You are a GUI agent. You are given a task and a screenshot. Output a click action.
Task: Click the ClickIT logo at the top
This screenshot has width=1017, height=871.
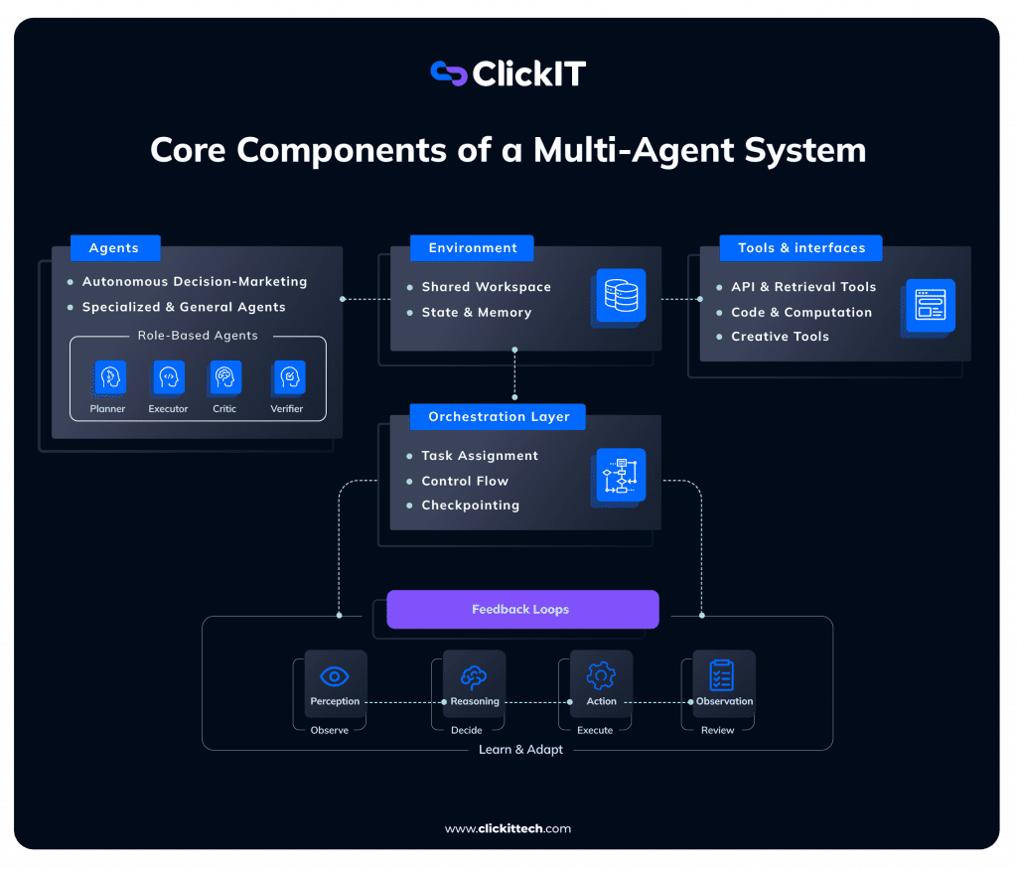click(508, 74)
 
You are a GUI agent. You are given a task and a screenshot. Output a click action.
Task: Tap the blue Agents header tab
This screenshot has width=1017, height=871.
click(114, 248)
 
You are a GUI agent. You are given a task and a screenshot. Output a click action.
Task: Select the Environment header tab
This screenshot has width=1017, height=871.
click(472, 248)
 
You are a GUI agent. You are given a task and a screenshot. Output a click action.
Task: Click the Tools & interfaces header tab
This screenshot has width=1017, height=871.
click(800, 248)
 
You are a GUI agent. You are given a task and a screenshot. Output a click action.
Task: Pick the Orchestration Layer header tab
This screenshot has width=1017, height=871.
click(499, 417)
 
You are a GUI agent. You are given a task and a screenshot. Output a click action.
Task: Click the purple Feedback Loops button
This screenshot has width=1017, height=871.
click(521, 610)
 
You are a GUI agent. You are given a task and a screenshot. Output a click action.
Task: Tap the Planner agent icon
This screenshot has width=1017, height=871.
click(110, 377)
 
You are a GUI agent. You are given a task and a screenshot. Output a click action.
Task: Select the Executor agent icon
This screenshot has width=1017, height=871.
click(169, 377)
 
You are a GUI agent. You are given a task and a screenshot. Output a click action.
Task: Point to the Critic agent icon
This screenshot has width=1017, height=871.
click(226, 377)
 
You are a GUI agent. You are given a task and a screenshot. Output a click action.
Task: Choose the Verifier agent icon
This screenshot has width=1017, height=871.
click(288, 377)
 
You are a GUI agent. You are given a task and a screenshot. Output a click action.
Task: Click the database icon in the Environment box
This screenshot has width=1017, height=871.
click(621, 295)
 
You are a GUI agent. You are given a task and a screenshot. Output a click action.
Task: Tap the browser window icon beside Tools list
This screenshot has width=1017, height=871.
click(931, 305)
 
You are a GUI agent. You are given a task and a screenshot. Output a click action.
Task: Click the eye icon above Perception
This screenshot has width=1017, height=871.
click(335, 676)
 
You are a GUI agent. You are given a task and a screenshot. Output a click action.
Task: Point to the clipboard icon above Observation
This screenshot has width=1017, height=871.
click(722, 675)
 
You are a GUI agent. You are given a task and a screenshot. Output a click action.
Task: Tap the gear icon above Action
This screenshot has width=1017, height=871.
click(601, 676)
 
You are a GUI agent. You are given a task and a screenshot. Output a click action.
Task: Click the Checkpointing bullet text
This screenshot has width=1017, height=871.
click(470, 506)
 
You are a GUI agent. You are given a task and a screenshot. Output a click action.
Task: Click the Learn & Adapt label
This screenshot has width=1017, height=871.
click(520, 750)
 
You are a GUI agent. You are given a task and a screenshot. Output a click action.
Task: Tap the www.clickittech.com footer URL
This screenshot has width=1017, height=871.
click(508, 828)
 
